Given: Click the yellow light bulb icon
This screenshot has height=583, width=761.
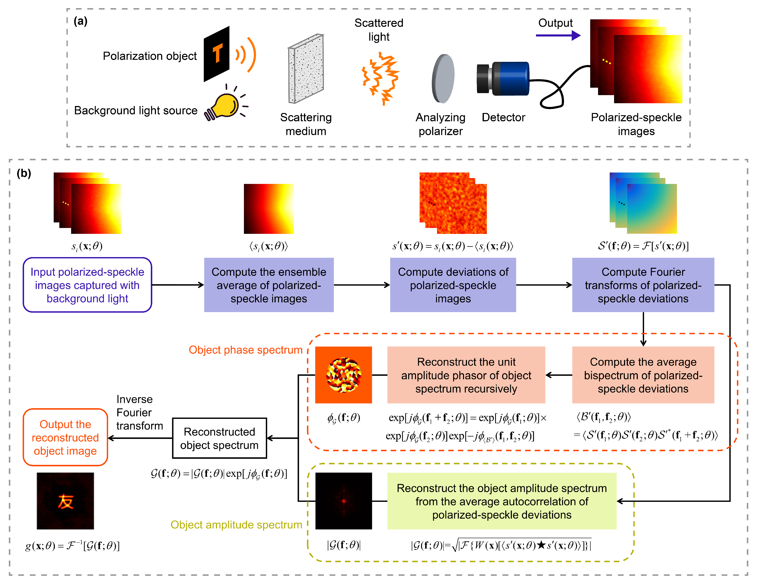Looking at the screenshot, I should pyautogui.click(x=225, y=106).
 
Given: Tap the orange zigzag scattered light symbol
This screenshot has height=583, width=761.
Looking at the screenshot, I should pyautogui.click(x=380, y=78).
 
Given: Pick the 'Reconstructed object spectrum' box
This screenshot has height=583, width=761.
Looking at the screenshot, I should pyautogui.click(x=219, y=438).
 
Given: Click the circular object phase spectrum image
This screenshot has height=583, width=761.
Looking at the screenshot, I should pyautogui.click(x=343, y=375).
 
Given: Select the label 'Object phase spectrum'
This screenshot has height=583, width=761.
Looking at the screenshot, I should pyautogui.click(x=245, y=350).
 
